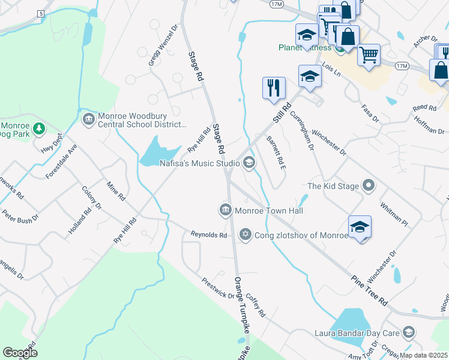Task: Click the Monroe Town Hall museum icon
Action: click(225, 210)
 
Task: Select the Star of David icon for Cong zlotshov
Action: click(245, 235)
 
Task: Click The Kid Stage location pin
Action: click(369, 186)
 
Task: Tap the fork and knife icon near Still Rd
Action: click(274, 88)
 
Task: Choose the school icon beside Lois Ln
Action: click(310, 76)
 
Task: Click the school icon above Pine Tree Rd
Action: click(360, 227)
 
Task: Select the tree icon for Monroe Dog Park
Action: click(38, 128)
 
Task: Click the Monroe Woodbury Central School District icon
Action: click(88, 119)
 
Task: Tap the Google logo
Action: click(20, 352)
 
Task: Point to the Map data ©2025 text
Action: click(423, 355)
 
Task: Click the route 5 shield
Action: click(40, 13)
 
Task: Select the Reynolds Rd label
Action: click(208, 235)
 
